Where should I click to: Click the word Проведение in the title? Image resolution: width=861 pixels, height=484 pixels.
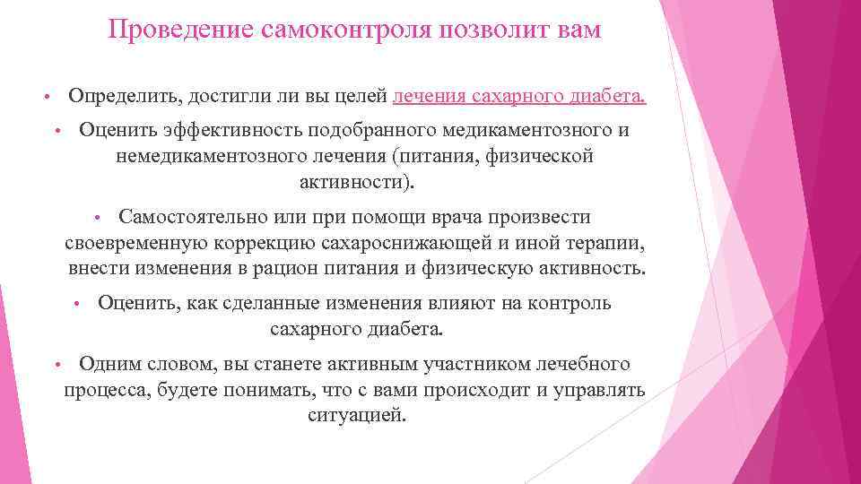(x=180, y=30)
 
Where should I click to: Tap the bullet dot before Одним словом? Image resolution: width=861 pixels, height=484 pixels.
(x=56, y=366)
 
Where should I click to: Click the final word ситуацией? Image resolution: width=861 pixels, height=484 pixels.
(x=356, y=416)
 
